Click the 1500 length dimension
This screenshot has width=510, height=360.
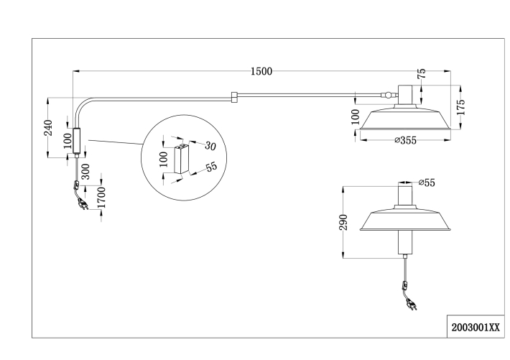pyautogui.click(x=261, y=71)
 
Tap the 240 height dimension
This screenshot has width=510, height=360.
pyautogui.click(x=48, y=128)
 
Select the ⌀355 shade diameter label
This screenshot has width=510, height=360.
pyautogui.click(x=406, y=140)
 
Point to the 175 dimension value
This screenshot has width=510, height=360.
pyautogui.click(x=460, y=107)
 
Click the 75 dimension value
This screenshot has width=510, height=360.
pyautogui.click(x=421, y=73)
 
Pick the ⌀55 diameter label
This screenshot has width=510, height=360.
pyautogui.click(x=427, y=183)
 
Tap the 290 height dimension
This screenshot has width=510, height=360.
pyautogui.click(x=343, y=222)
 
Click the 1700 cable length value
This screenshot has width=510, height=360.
pyautogui.click(x=101, y=198)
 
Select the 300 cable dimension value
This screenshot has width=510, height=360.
pyautogui.click(x=85, y=171)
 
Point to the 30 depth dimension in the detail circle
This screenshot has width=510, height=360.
pyautogui.click(x=210, y=146)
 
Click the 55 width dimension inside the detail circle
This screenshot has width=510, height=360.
pyautogui.click(x=211, y=167)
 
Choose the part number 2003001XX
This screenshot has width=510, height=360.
pyautogui.click(x=476, y=328)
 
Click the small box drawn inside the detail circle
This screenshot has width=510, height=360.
pyautogui.click(x=182, y=159)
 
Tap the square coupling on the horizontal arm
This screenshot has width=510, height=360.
pyautogui.click(x=234, y=97)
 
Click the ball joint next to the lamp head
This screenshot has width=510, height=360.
pyautogui.click(x=387, y=96)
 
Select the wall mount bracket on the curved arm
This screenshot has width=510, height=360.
pyautogui.click(x=77, y=140)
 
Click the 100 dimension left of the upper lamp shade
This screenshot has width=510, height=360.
pyautogui.click(x=356, y=117)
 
